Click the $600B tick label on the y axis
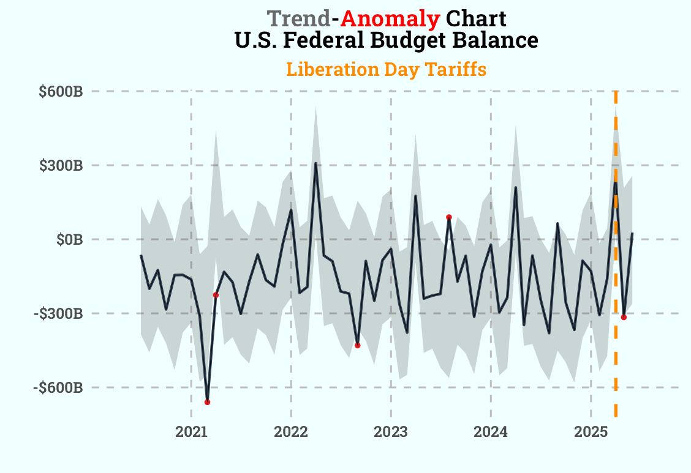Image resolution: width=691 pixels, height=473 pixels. [x=61, y=92]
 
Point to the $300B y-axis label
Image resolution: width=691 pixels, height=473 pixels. [x=61, y=166]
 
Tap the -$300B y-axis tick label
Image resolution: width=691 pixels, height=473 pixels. [x=59, y=314]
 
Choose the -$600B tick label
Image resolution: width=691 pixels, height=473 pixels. [x=59, y=388]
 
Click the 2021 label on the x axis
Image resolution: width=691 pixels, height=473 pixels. [x=192, y=433]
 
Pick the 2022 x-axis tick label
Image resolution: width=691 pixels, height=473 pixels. [x=291, y=433]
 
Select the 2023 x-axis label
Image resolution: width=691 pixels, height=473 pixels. [x=391, y=433]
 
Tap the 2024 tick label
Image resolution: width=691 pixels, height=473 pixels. [x=491, y=433]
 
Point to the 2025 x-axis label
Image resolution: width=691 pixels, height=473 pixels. [x=591, y=433]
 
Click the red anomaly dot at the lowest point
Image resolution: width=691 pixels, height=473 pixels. [x=207, y=402]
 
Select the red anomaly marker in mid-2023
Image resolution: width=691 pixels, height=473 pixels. [x=449, y=217]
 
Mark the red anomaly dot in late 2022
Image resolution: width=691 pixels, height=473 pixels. [x=357, y=346]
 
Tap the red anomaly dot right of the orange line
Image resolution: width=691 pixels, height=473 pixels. [x=624, y=317]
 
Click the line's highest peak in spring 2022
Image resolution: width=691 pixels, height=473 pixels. [x=315, y=163]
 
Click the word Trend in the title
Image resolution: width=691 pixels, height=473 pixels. [x=299, y=19]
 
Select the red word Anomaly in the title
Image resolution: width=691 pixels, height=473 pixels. [x=390, y=19]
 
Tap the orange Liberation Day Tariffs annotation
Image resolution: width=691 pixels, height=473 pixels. [x=386, y=70]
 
